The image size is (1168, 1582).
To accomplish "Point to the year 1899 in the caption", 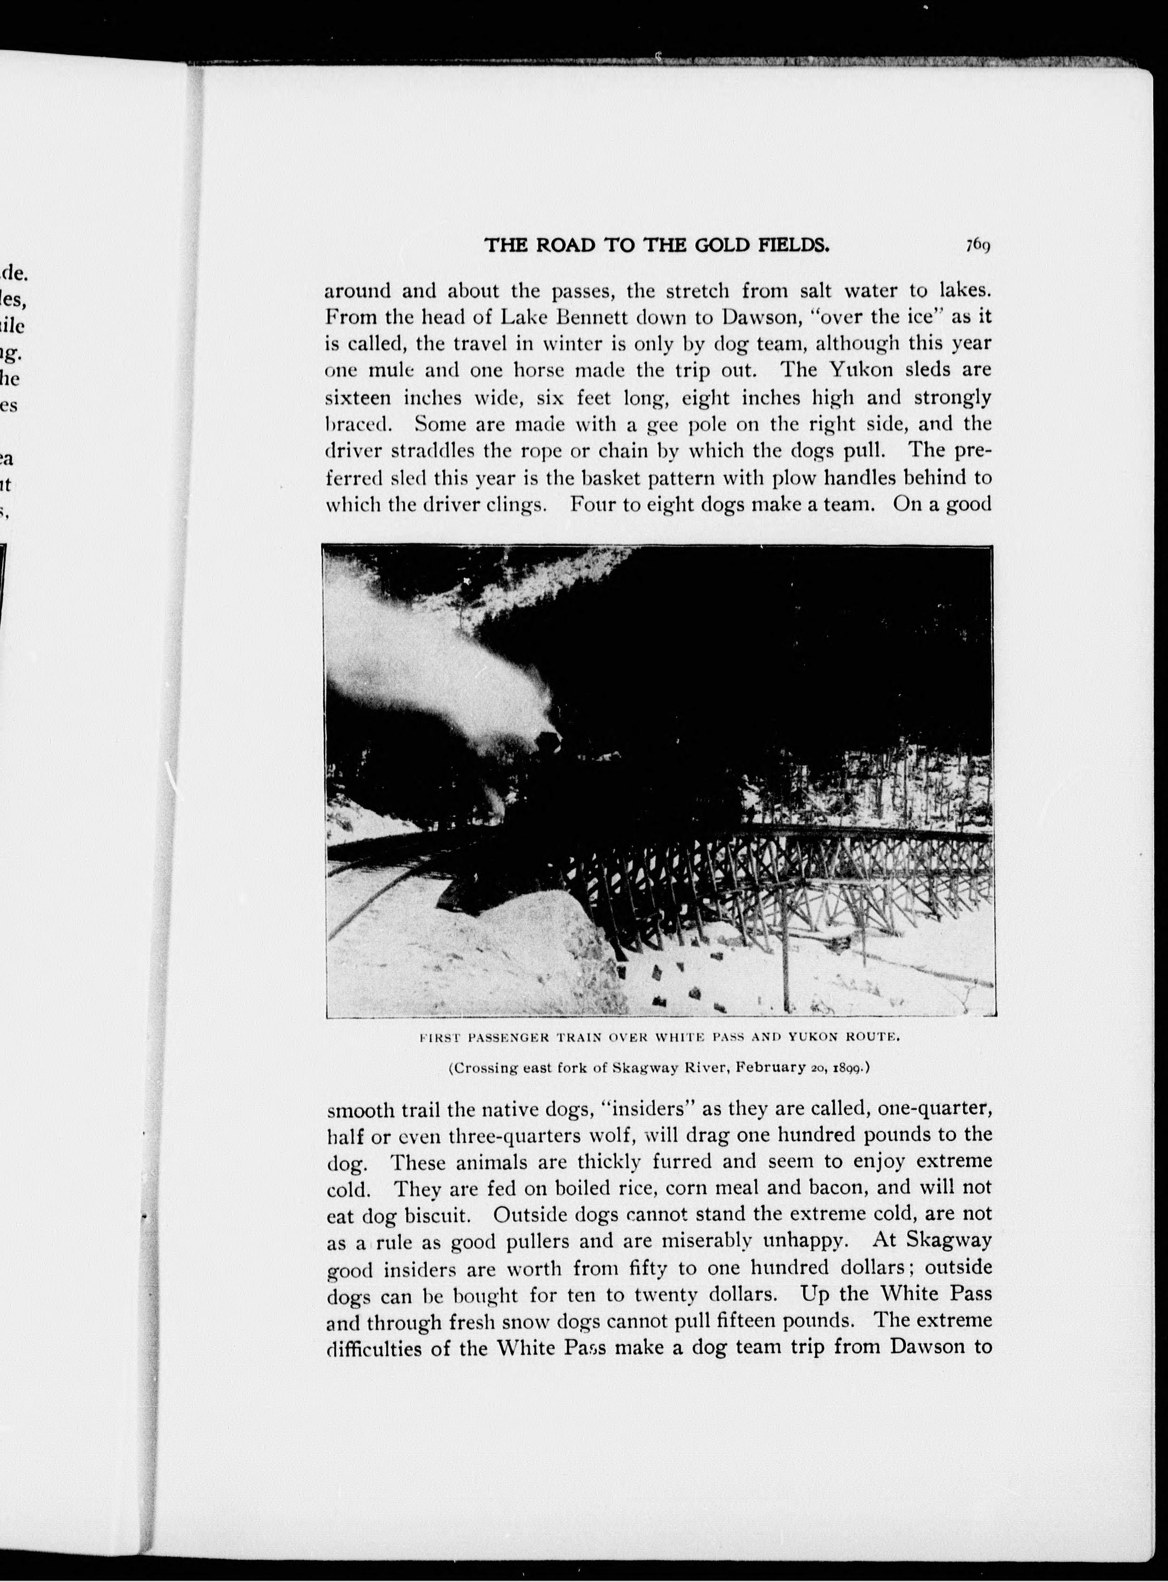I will (x=848, y=1068).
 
